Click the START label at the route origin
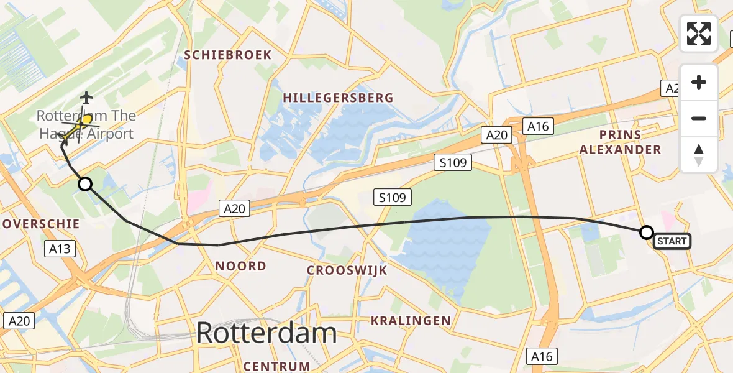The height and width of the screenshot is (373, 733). (x=672, y=241)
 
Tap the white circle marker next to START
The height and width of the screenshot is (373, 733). (x=647, y=233)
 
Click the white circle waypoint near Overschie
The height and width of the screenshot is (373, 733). (x=85, y=184)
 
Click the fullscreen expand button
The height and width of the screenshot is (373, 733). (x=699, y=33)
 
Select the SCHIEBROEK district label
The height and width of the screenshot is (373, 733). (x=228, y=55)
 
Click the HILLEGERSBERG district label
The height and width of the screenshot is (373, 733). (x=338, y=98)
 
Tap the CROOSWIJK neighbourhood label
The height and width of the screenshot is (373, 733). (x=347, y=270)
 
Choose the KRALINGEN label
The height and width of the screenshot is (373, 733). (x=411, y=321)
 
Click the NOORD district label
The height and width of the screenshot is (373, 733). (x=240, y=266)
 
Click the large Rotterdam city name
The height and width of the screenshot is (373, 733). (x=266, y=333)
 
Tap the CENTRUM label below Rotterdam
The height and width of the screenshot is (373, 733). (x=277, y=366)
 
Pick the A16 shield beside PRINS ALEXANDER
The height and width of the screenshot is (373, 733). (x=538, y=126)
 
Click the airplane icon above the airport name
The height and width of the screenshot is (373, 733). (x=86, y=98)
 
